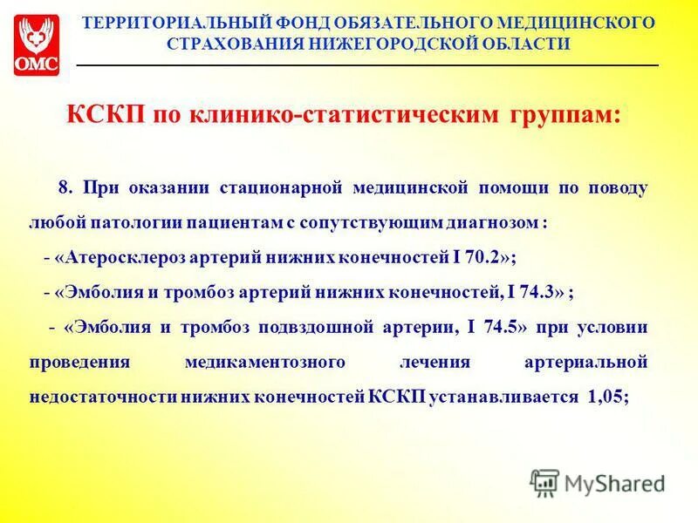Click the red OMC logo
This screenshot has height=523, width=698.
pos(37,44)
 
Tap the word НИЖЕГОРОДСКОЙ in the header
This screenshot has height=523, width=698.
pos(386,44)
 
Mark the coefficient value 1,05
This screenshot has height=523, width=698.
pos(605,397)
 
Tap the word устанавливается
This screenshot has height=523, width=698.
pos(503,397)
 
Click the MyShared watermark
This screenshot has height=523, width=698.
pos(599,481)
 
